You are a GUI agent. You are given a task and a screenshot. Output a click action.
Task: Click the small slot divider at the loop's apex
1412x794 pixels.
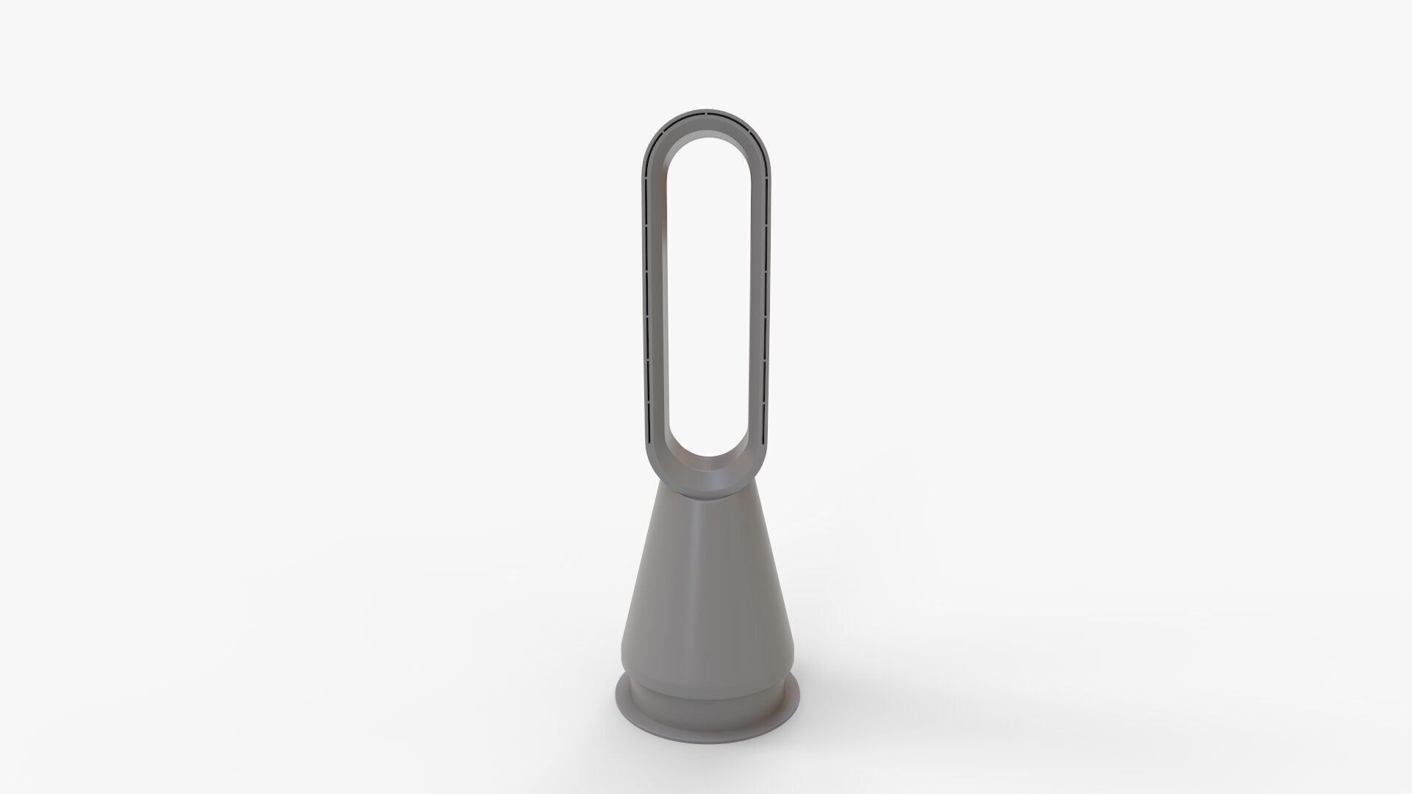click(704, 115)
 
